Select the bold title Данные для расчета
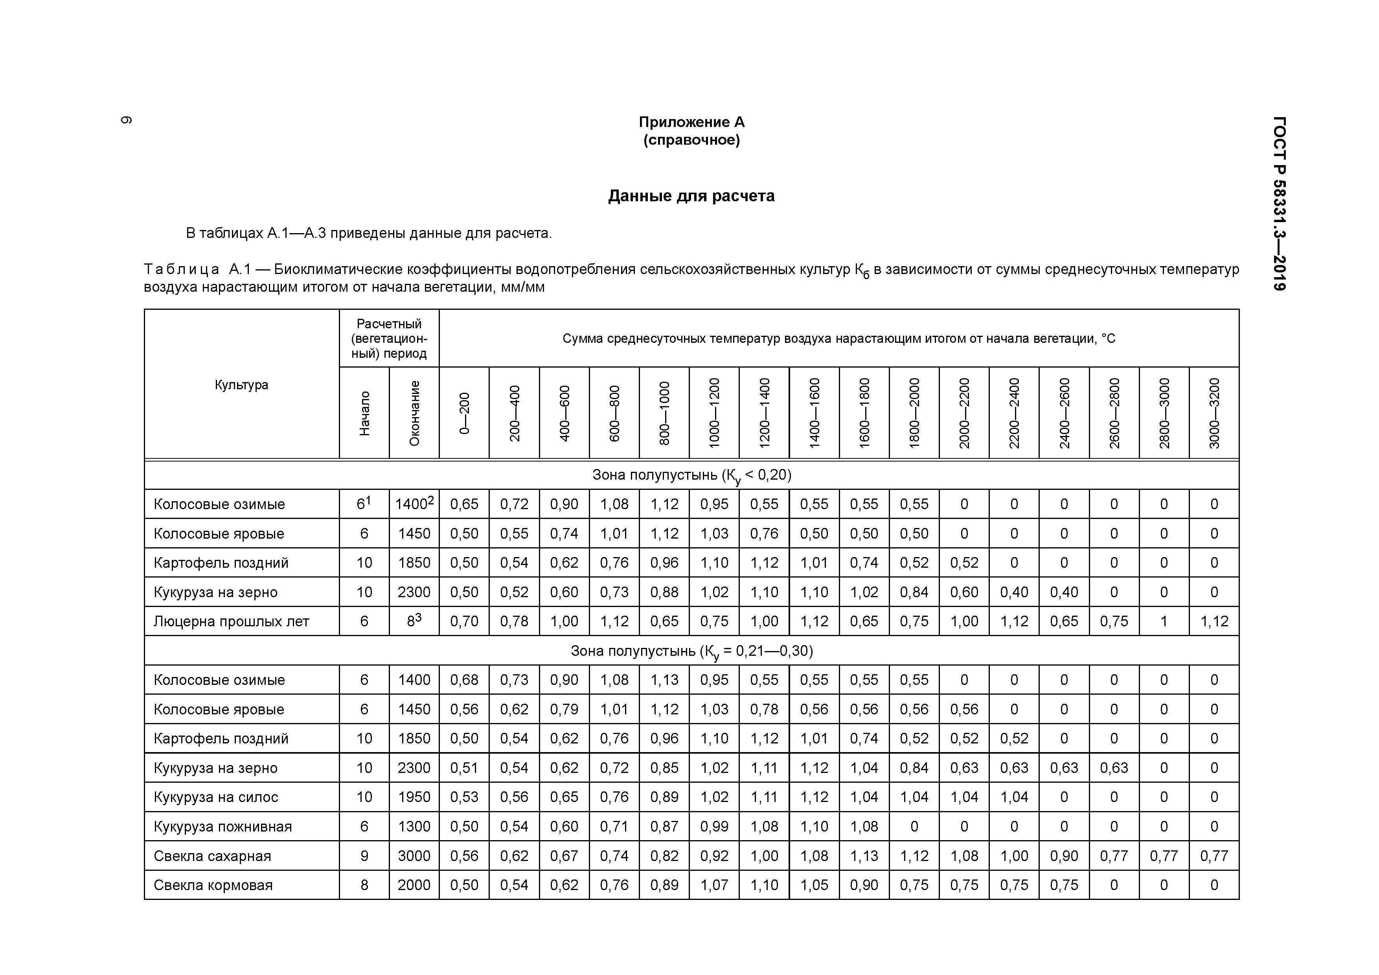(691, 196)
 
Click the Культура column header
(241, 385)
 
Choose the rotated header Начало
(364, 413)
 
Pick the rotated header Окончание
(414, 413)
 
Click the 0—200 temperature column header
(464, 413)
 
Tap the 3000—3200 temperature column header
(1214, 413)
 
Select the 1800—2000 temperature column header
(914, 413)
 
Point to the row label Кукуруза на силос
(216, 797)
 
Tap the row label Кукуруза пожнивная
(223, 827)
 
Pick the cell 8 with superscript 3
(414, 621)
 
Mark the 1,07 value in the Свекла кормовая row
(714, 885)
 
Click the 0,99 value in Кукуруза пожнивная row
(714, 827)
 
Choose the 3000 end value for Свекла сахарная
(414, 855)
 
